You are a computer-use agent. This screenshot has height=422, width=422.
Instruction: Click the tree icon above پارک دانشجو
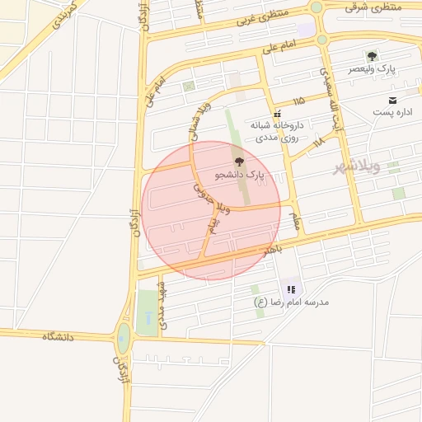pos(239,162)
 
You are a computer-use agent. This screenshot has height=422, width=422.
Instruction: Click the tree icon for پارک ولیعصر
pos(372,56)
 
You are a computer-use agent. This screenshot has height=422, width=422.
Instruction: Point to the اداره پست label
pos(392,111)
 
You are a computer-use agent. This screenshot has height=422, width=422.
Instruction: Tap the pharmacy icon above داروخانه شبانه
pos(278,113)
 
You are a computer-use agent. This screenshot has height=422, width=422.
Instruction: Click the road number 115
pos(298,101)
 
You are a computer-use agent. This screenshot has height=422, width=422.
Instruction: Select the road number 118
pos(318,142)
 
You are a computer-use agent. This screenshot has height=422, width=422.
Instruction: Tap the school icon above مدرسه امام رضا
pos(291,289)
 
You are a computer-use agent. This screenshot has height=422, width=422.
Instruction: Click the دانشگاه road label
pos(58,337)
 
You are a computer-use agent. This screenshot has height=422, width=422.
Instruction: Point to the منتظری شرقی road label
pos(373,7)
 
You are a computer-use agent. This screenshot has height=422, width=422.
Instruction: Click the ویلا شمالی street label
pos(200,120)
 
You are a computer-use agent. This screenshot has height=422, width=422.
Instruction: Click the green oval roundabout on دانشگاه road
pos(124,338)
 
